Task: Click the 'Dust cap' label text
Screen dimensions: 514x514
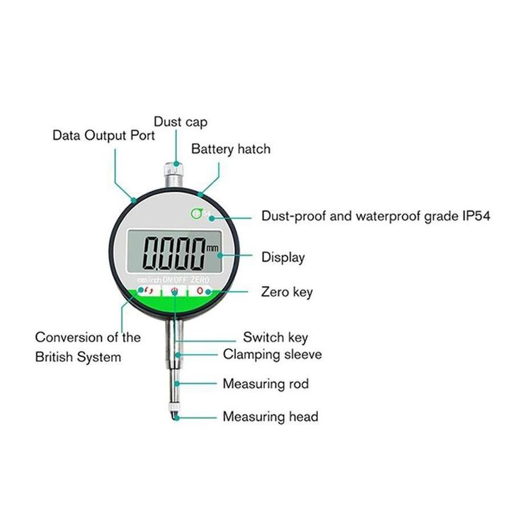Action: click(x=181, y=122)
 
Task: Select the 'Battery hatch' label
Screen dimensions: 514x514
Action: click(x=230, y=149)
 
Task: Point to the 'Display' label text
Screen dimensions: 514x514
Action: click(x=282, y=257)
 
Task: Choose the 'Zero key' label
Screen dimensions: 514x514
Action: click(x=287, y=291)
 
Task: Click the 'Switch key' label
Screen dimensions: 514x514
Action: click(x=275, y=337)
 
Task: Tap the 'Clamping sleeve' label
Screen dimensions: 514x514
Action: click(x=272, y=354)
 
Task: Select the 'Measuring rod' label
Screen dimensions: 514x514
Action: click(x=265, y=384)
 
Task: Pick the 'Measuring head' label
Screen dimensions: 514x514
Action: click(x=270, y=416)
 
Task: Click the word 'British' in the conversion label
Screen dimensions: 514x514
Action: click(x=59, y=356)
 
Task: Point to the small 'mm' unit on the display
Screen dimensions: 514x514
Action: click(x=212, y=248)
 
